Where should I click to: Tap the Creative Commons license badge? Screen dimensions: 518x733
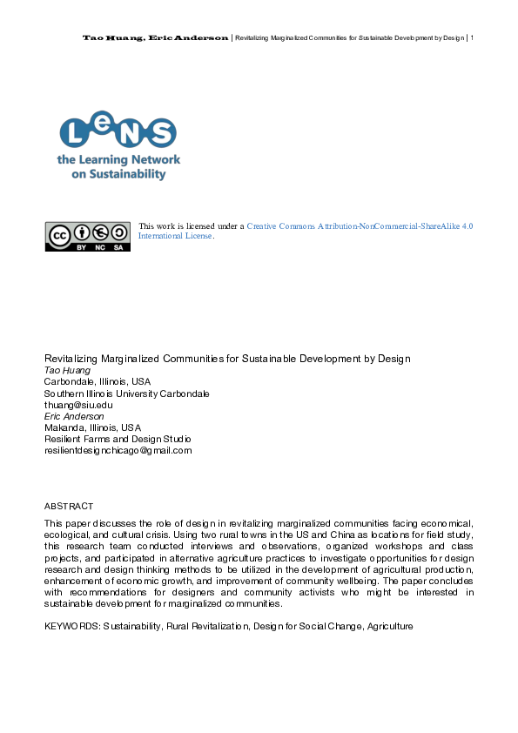point(88,236)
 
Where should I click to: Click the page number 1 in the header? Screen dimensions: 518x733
point(471,37)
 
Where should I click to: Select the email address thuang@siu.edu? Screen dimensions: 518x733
point(78,405)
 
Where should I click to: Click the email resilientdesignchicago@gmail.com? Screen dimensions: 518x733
point(118,450)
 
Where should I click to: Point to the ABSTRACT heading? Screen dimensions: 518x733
point(69,506)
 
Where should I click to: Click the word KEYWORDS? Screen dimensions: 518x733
point(72,626)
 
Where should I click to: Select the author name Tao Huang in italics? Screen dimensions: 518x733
point(67,370)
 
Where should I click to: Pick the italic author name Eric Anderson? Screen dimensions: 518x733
point(74,416)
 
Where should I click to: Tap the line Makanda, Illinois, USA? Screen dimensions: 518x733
point(92,427)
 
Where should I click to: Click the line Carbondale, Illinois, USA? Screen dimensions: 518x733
point(98,381)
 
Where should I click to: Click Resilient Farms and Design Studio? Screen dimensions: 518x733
point(118,439)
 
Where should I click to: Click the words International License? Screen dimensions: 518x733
point(175,236)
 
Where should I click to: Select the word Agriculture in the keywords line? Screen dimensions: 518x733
point(388,626)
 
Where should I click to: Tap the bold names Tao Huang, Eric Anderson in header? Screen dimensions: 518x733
point(156,37)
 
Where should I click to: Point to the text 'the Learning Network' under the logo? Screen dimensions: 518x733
point(118,160)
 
